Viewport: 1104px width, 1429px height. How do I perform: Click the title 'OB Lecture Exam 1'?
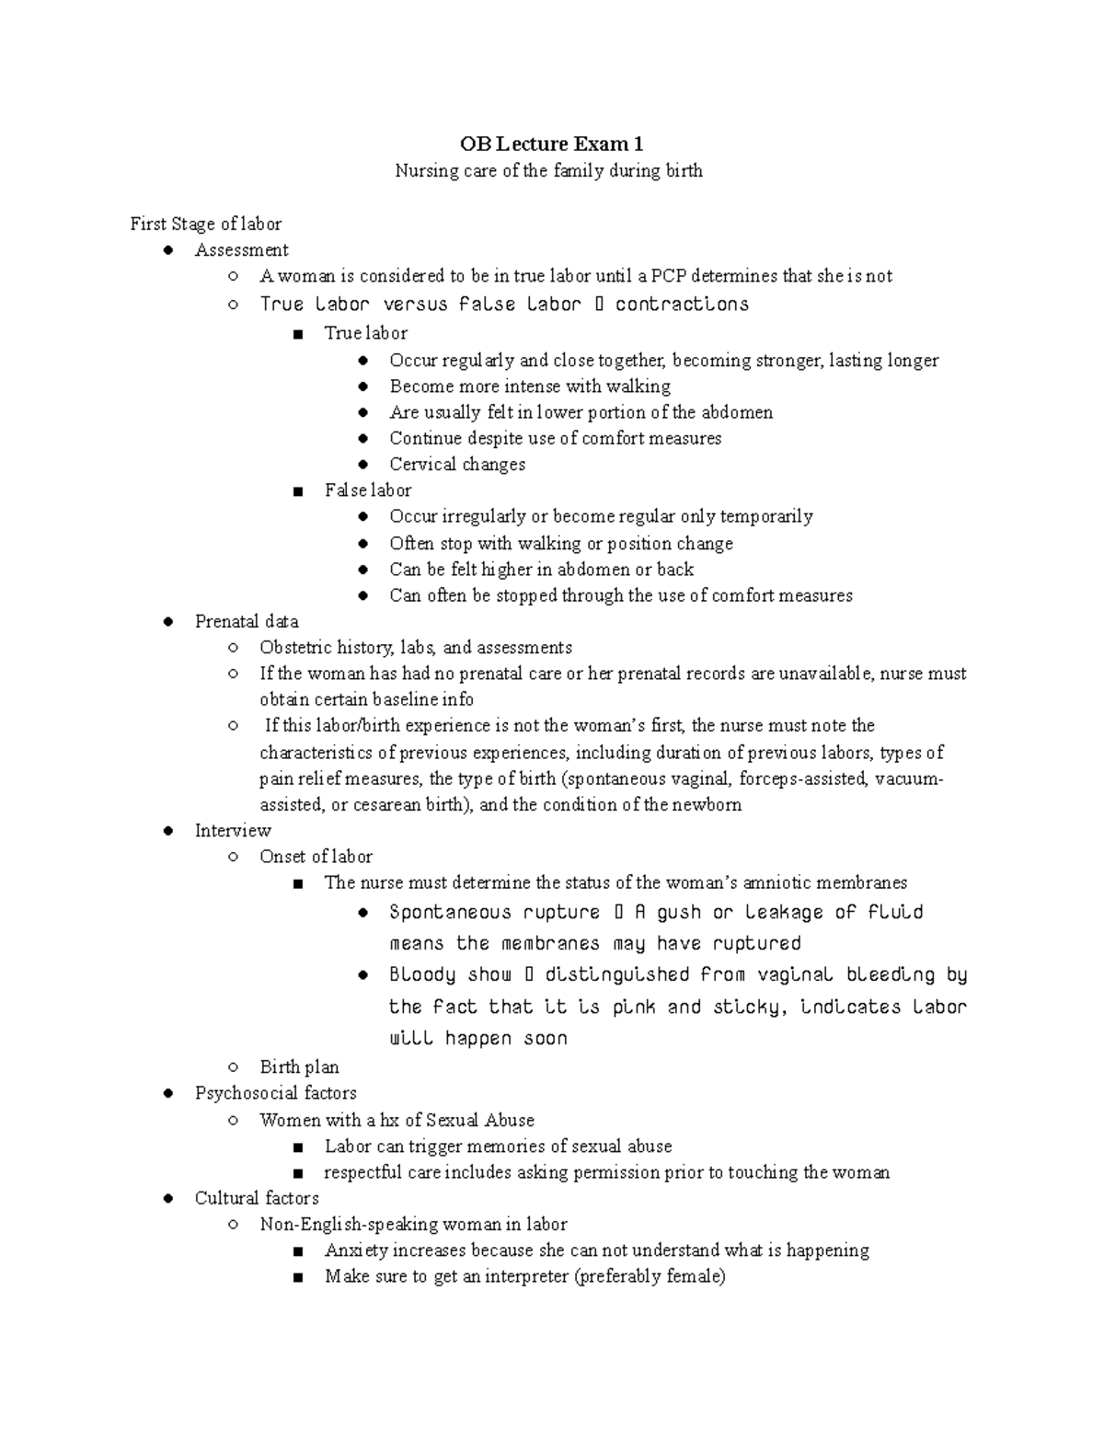tap(551, 144)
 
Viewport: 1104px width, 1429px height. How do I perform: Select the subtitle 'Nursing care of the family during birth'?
tap(548, 171)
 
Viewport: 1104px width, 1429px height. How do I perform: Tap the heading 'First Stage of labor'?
tap(205, 224)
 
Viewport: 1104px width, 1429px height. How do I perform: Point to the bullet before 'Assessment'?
tap(167, 250)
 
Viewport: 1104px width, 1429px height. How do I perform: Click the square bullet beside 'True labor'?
tap(297, 334)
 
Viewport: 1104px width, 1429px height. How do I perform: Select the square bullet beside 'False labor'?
tap(297, 491)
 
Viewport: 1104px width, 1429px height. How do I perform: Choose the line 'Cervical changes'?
tap(457, 465)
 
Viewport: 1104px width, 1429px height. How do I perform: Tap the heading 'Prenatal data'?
tap(247, 621)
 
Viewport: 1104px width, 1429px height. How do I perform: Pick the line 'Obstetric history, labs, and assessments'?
tap(416, 648)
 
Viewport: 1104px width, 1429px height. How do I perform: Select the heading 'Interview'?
tap(233, 831)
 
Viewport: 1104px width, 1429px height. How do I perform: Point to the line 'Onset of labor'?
tap(316, 857)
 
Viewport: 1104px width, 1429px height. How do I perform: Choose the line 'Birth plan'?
tap(299, 1067)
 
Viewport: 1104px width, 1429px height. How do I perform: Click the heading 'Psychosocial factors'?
tap(275, 1093)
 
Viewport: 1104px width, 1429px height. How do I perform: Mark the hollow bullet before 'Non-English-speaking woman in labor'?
tap(234, 1225)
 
